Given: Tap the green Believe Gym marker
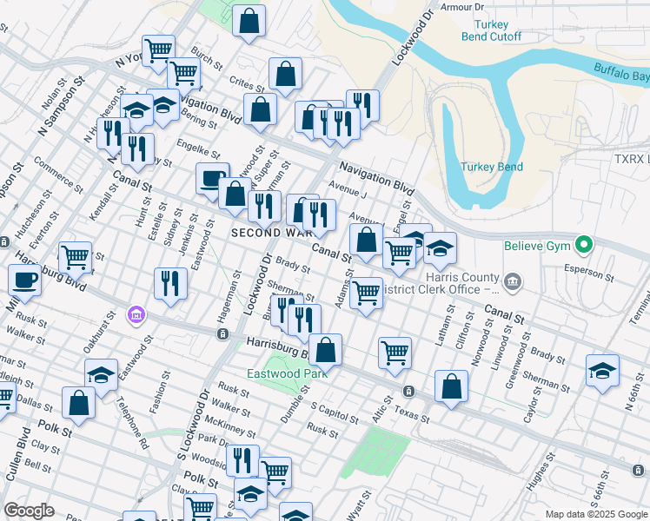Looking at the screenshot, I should tap(585, 246).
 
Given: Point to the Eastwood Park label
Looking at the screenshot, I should tap(286, 374).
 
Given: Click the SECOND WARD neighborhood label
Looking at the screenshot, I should tap(268, 233).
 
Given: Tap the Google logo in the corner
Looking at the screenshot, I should tap(29, 511).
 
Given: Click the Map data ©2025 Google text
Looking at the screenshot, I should tap(595, 514).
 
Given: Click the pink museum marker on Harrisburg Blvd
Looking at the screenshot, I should tap(136, 313).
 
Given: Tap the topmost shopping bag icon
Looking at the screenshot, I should tap(249, 23).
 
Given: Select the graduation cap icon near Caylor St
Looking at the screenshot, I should tap(602, 371).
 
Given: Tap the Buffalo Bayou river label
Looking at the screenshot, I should tap(620, 73).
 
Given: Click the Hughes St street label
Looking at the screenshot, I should tap(543, 472).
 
